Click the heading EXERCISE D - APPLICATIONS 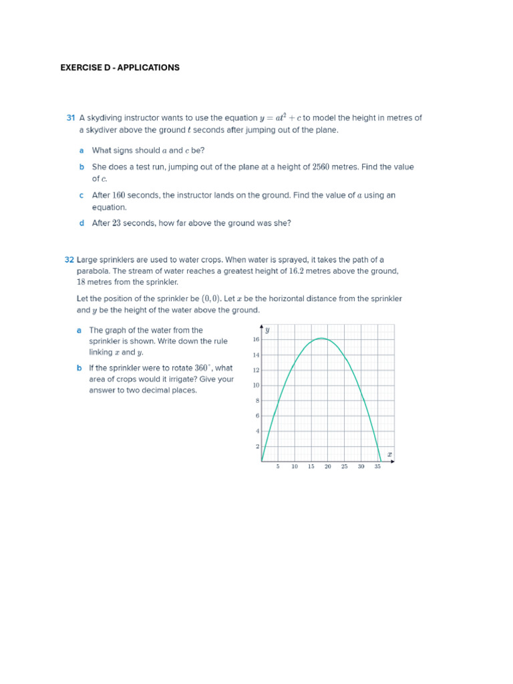click(x=120, y=67)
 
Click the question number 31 click(x=70, y=118)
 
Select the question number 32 click(x=69, y=259)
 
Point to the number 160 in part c click(x=118, y=195)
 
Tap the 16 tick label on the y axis click(x=256, y=339)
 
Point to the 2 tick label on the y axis click(x=257, y=446)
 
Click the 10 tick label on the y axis click(x=256, y=385)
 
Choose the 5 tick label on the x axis click(x=278, y=467)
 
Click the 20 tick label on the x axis click(x=327, y=467)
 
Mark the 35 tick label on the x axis click(x=377, y=467)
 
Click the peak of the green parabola click(x=321, y=338)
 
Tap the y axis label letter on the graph click(x=267, y=330)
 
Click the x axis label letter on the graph click(x=389, y=454)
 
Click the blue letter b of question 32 click(x=79, y=368)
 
